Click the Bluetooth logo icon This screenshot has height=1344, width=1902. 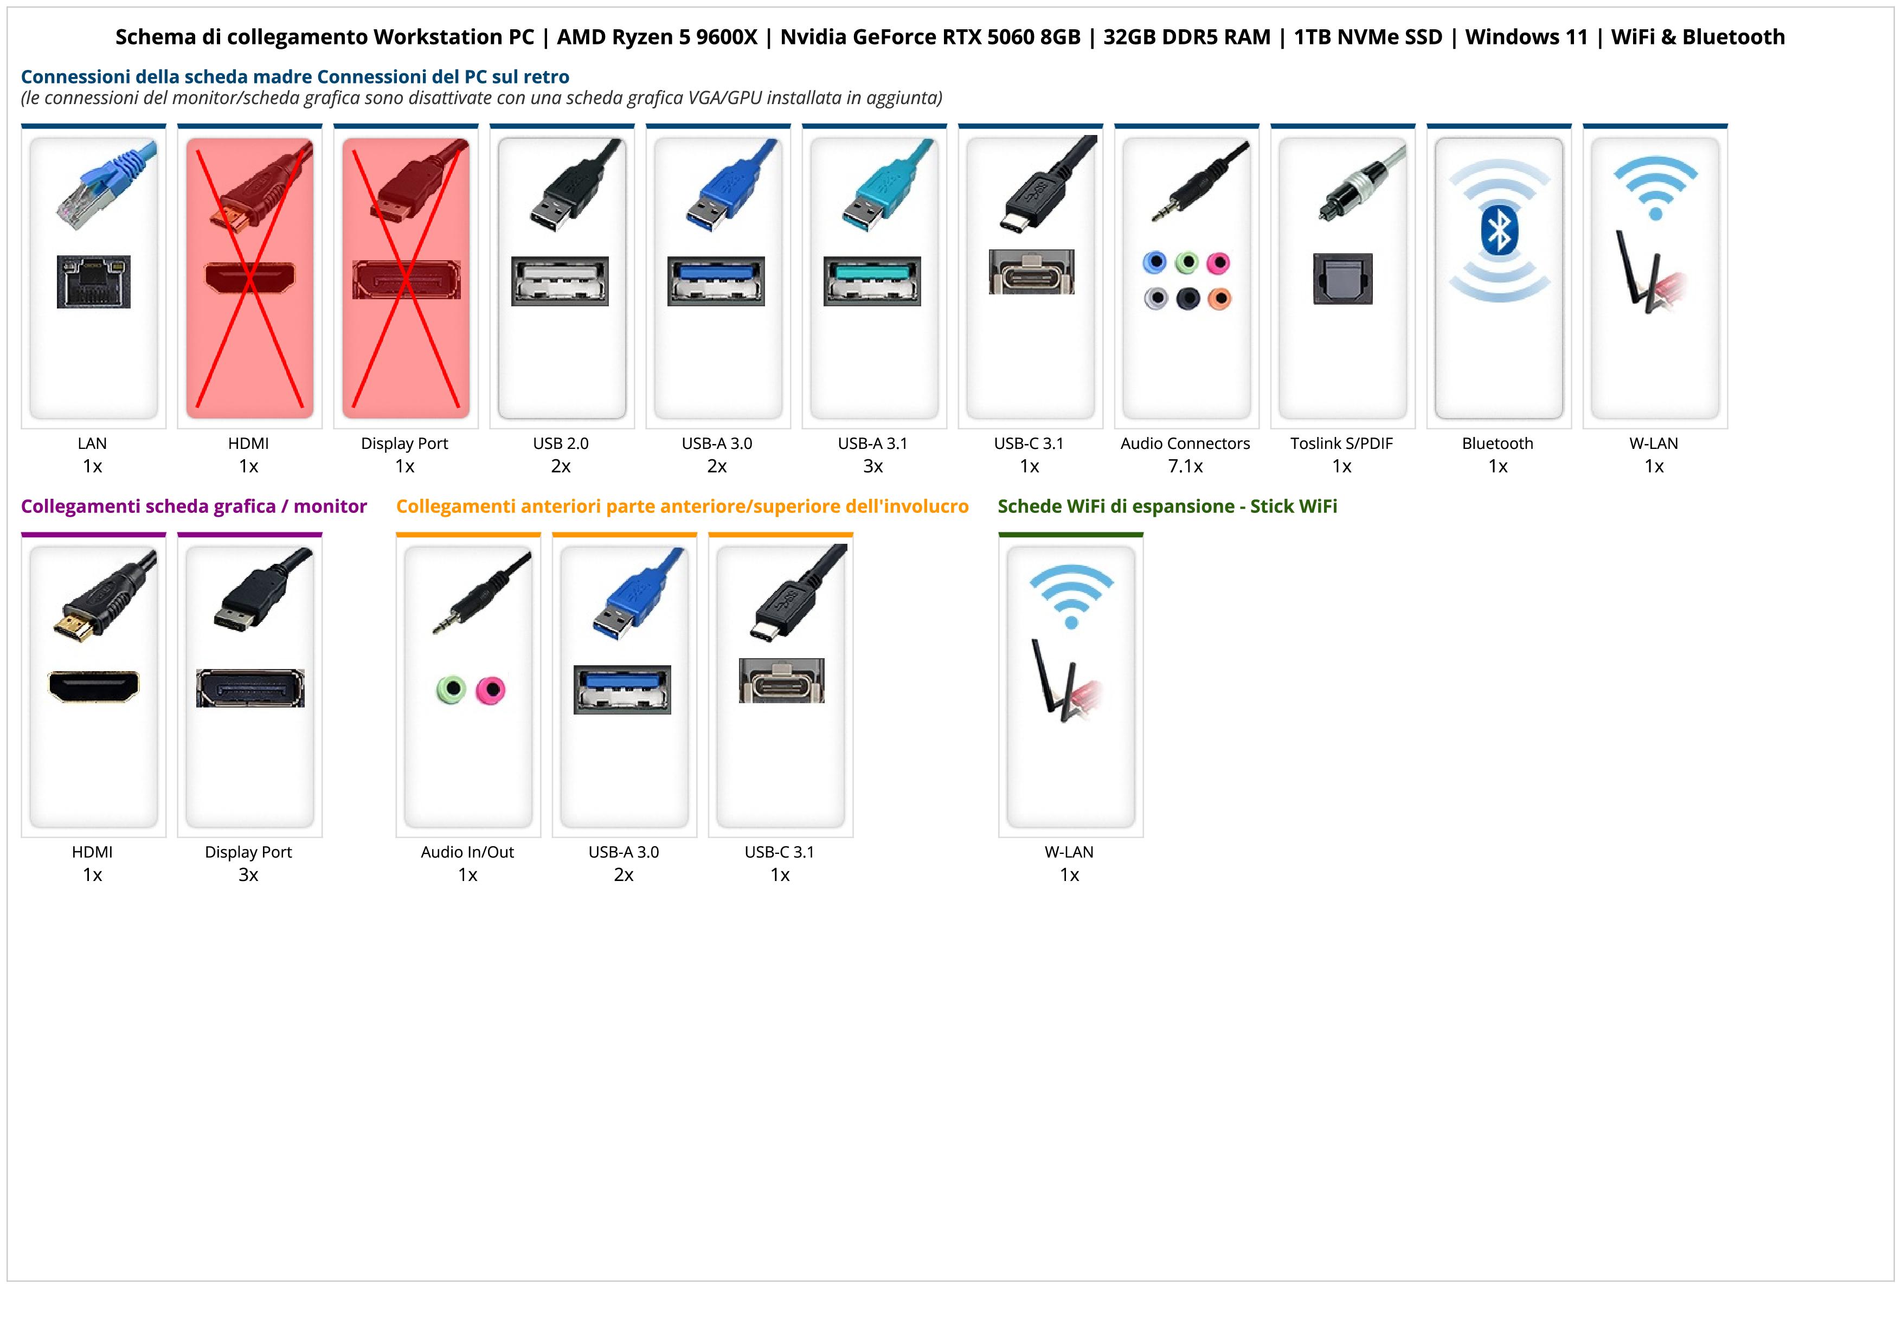click(1499, 231)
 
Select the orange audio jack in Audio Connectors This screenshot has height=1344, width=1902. click(1219, 298)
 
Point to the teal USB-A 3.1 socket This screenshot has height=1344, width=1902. click(871, 281)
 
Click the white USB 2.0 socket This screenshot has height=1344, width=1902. click(560, 281)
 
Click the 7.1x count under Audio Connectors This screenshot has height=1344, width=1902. click(1185, 466)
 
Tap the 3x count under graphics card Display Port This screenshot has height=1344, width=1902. click(248, 875)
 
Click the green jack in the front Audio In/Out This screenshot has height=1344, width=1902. click(451, 689)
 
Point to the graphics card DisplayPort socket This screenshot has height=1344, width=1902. click(250, 688)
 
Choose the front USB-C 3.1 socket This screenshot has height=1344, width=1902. click(781, 681)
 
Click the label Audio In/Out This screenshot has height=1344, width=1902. click(467, 852)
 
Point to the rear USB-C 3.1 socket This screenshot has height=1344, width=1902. click(1031, 272)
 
